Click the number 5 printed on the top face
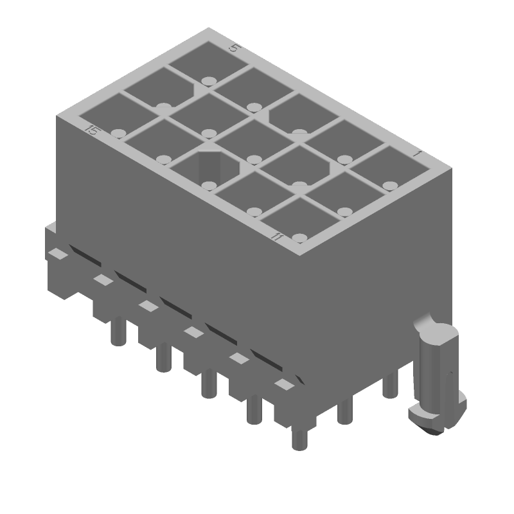[235, 48]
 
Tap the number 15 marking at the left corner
[93, 131]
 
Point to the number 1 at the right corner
[417, 154]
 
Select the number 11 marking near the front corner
[277, 237]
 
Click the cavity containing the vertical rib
[206, 168]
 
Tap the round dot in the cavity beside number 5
[208, 81]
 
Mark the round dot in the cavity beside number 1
[389, 186]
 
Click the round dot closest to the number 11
[299, 238]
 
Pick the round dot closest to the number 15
[117, 133]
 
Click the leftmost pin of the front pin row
[116, 332]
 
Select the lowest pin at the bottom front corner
[299, 438]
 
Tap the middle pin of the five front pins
[208, 385]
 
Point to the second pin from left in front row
[163, 357]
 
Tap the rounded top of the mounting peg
[439, 333]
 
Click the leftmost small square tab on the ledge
[58, 254]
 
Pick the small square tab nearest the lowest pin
[283, 384]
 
